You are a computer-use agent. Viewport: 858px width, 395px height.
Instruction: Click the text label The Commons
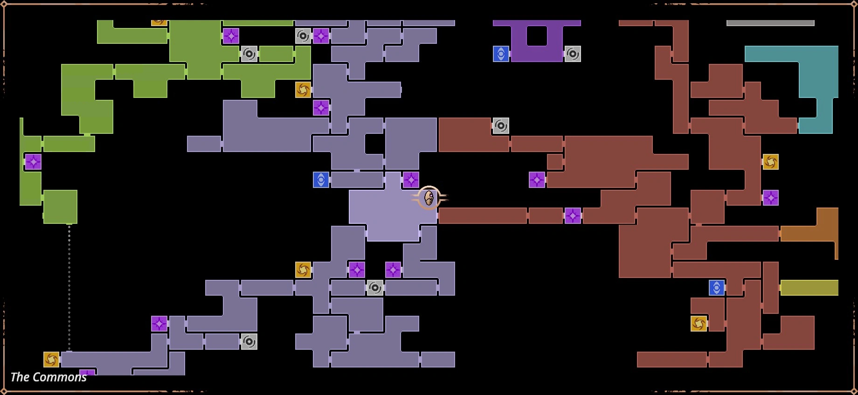[48, 377]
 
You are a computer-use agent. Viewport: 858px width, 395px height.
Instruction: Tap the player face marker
[429, 198]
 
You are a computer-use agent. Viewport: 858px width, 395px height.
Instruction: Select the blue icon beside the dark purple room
[501, 54]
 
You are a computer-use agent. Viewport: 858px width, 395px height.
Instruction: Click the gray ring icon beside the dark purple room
[573, 54]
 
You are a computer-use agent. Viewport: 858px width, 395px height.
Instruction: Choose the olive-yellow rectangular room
[809, 288]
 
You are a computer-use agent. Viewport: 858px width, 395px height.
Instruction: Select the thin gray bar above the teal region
[770, 23]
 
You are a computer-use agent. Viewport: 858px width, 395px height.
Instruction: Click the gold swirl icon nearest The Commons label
[51, 360]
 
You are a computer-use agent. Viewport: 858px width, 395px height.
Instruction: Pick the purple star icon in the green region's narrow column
[33, 162]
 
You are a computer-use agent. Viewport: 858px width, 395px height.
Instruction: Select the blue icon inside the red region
[717, 288]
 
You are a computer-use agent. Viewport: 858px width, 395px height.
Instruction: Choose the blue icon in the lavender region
[321, 180]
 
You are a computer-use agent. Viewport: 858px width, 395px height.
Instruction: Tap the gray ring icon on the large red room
[501, 125]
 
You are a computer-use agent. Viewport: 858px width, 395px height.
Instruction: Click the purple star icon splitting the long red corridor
[573, 215]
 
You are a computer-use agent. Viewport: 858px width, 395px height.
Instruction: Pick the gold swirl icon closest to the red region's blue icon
[699, 323]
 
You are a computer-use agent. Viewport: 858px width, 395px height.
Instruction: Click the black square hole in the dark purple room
[537, 36]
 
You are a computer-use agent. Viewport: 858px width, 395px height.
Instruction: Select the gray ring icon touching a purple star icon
[303, 36]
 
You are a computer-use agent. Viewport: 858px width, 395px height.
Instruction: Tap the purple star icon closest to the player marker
[411, 180]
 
